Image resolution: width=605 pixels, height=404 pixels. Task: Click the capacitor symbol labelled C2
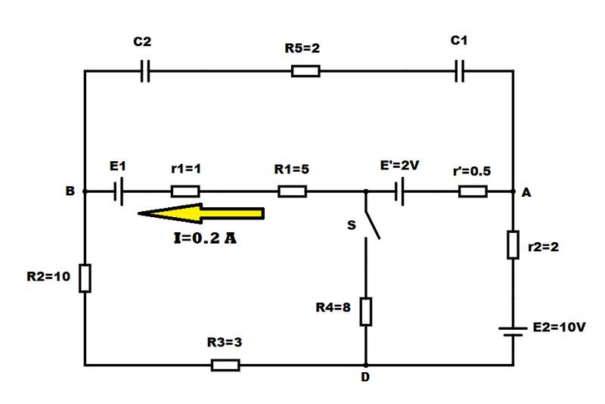(x=145, y=71)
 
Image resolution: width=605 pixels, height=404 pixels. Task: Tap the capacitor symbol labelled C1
(x=459, y=71)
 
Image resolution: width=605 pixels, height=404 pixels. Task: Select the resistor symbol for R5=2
(x=306, y=71)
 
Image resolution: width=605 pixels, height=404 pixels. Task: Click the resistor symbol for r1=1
(x=185, y=191)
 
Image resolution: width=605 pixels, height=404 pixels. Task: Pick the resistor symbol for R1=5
(x=293, y=191)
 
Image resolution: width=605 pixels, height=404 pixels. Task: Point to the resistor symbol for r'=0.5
(x=473, y=191)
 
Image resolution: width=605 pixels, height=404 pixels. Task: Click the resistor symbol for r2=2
(x=513, y=244)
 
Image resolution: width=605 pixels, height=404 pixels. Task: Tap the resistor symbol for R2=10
(x=85, y=278)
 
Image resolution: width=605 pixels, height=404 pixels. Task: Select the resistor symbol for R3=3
(x=225, y=365)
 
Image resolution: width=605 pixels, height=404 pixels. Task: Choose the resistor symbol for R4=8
(x=366, y=312)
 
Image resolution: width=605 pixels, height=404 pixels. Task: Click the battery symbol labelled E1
(x=119, y=191)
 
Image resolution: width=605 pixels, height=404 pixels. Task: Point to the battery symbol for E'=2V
(x=400, y=191)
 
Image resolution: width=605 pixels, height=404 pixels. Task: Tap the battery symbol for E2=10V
(x=513, y=332)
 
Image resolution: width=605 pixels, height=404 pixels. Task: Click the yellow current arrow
(x=201, y=213)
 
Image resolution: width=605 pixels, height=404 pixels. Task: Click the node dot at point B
(x=85, y=191)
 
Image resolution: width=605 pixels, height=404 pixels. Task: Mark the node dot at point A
(x=513, y=191)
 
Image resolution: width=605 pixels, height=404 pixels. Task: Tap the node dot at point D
(x=366, y=365)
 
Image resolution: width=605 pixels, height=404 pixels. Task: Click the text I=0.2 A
(x=205, y=238)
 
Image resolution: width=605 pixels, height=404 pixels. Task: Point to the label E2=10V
(x=559, y=328)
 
